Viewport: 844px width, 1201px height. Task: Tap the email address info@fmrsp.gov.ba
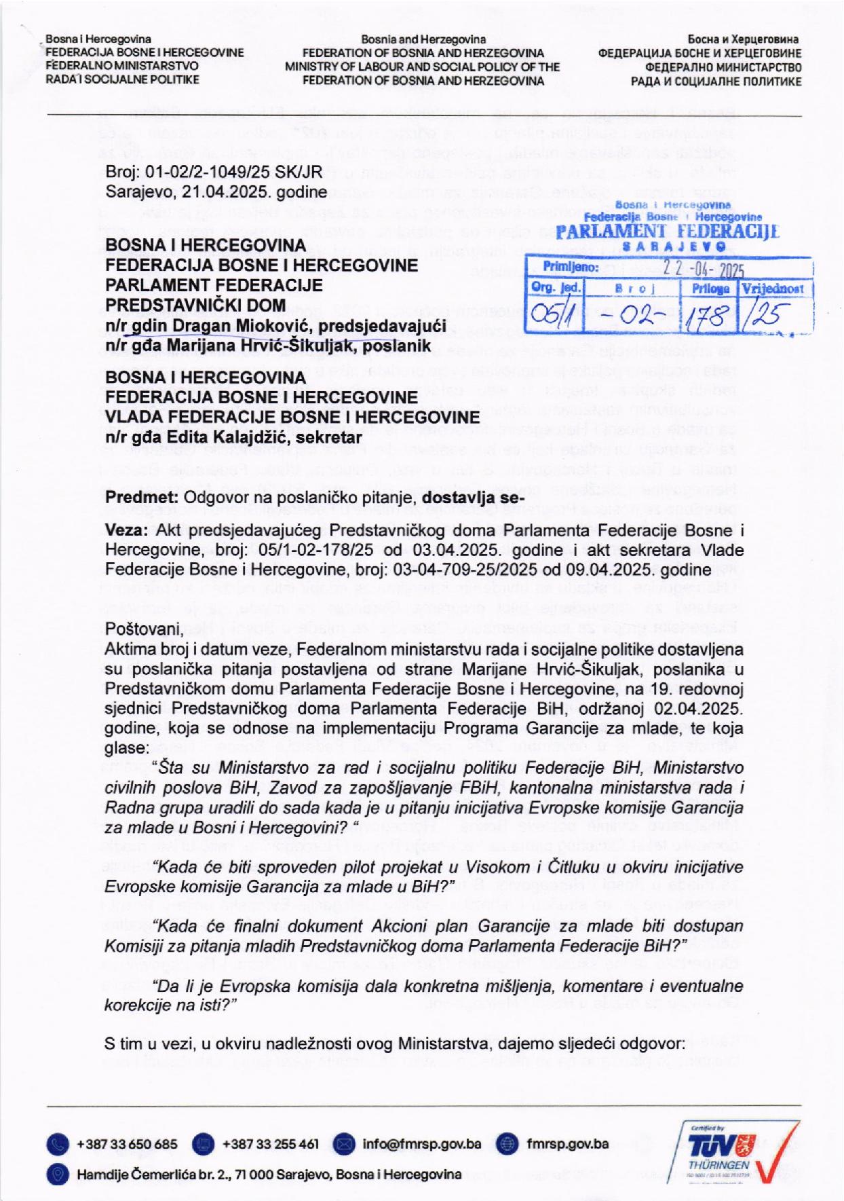pyautogui.click(x=422, y=1144)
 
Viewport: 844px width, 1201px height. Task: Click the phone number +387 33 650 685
pyautogui.click(x=127, y=1144)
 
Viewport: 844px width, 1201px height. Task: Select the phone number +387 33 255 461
pyautogui.click(x=270, y=1144)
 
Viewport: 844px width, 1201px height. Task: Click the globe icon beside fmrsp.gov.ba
pyautogui.click(x=507, y=1144)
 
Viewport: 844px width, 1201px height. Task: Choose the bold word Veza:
pyautogui.click(x=126, y=530)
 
